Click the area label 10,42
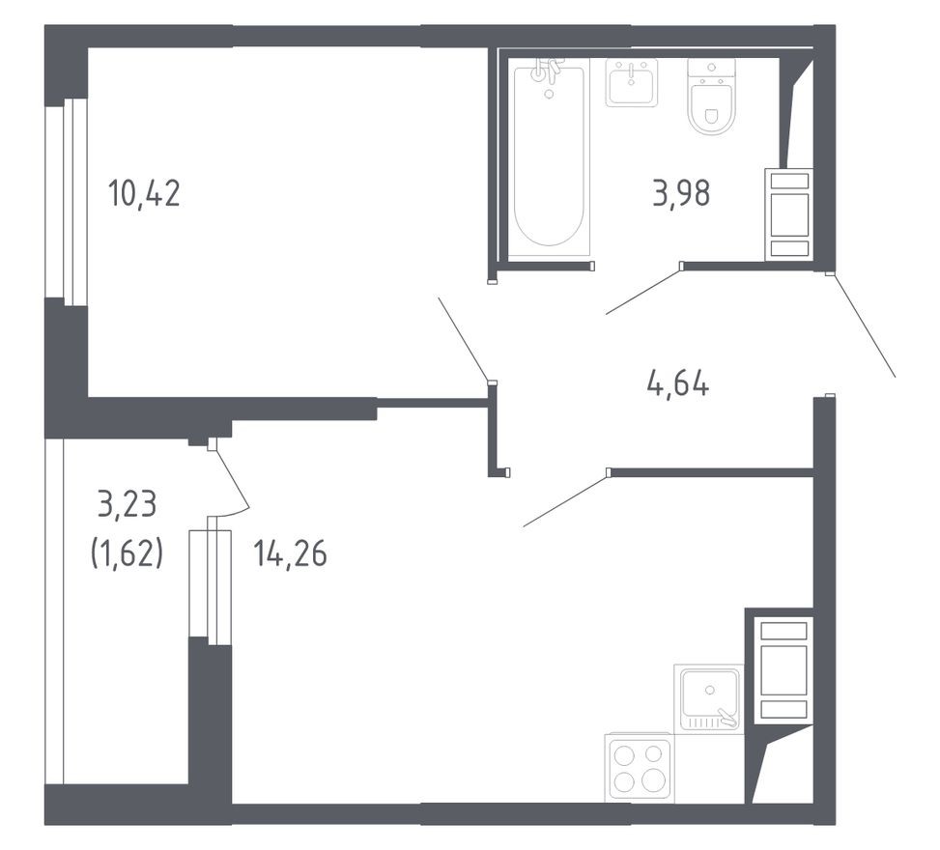(145, 194)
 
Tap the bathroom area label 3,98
(682, 194)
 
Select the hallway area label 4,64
(677, 385)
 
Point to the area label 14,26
(290, 554)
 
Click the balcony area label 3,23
(127, 503)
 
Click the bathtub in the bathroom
(549, 159)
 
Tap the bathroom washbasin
(631, 82)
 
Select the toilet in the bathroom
(712, 97)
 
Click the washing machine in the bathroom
(789, 214)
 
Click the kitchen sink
(708, 697)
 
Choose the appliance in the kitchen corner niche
(783, 669)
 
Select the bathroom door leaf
(643, 293)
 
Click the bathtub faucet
(549, 72)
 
